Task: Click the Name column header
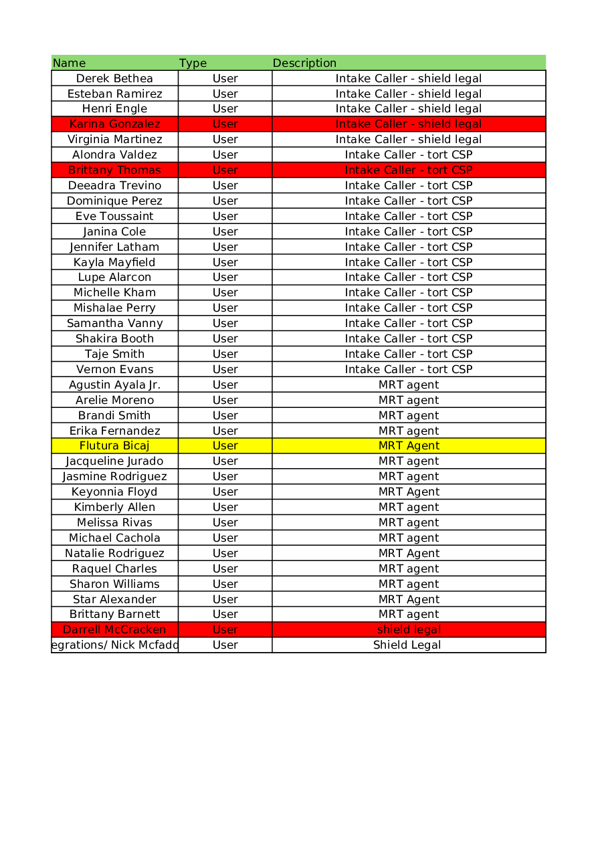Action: click(x=70, y=63)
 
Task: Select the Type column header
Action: click(x=193, y=63)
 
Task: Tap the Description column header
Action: click(x=304, y=63)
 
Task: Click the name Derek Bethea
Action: click(x=114, y=78)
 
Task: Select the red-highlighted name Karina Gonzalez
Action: click(x=114, y=124)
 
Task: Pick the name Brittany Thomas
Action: click(x=114, y=170)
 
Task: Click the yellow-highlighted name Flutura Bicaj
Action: click(x=114, y=445)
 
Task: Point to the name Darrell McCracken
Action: click(x=114, y=629)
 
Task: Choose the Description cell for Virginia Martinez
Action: click(x=408, y=139)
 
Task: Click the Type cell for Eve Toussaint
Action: click(x=225, y=216)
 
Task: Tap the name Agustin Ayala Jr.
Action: click(x=114, y=385)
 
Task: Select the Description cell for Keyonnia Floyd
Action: click(x=409, y=492)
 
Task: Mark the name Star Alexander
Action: click(x=114, y=599)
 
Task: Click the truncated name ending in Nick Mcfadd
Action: click(x=115, y=645)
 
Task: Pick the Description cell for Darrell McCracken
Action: click(x=409, y=629)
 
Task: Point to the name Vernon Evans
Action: click(x=114, y=369)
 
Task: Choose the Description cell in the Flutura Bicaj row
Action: click(x=409, y=445)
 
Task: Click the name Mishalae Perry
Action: click(x=114, y=308)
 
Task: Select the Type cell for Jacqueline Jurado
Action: click(x=225, y=461)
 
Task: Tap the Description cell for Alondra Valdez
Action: click(x=409, y=154)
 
